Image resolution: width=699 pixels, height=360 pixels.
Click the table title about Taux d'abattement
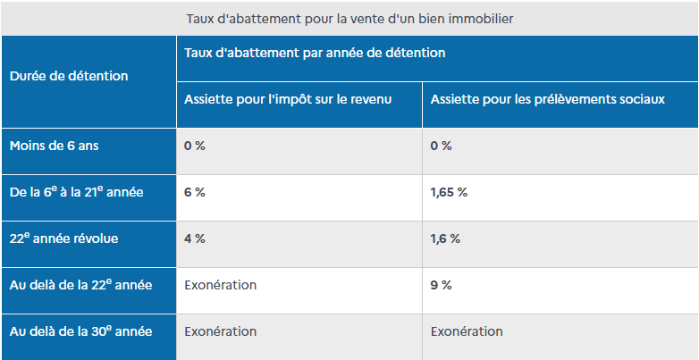tap(349, 18)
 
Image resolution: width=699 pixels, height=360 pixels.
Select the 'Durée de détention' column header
tap(69, 76)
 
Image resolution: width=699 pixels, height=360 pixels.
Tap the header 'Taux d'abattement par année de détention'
tap(314, 53)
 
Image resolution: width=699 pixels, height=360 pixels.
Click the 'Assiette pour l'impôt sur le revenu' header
tap(288, 99)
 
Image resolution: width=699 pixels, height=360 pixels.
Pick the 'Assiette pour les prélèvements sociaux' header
tap(547, 99)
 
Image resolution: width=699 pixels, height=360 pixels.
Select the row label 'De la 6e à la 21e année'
tap(75, 192)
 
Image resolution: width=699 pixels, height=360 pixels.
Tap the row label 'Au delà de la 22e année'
tap(80, 285)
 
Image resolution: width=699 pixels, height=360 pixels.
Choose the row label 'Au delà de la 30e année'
tap(80, 331)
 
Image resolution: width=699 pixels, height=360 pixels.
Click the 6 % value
tap(194, 192)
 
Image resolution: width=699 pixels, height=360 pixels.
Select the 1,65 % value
tap(449, 192)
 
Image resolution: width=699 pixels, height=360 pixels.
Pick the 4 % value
tap(194, 239)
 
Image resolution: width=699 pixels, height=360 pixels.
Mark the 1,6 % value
tap(445, 239)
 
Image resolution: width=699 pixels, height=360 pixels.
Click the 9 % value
tap(441, 285)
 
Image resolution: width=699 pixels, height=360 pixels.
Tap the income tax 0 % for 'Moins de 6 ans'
tap(194, 146)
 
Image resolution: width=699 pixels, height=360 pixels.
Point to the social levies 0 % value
tap(441, 146)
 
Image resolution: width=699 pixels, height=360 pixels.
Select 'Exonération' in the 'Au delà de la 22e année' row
tap(220, 285)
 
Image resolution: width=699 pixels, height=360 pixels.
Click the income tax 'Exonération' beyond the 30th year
tap(220, 331)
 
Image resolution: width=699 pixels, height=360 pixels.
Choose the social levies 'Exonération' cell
tap(467, 331)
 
